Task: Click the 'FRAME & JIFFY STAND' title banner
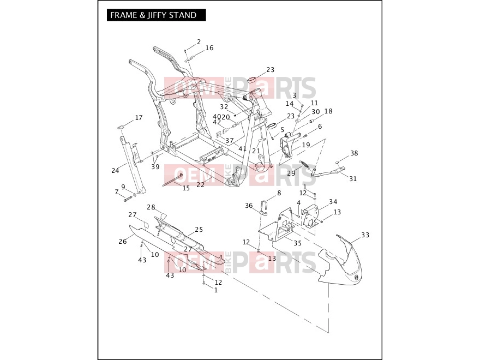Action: click(156, 15)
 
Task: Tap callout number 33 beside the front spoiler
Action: click(365, 235)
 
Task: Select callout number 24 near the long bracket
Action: click(115, 171)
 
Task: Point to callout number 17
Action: click(139, 118)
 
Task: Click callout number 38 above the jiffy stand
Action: click(354, 153)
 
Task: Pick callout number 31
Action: click(353, 178)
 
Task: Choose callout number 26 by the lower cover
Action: click(122, 242)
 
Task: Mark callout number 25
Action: click(199, 229)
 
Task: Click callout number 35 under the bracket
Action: click(298, 243)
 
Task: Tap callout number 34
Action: click(333, 201)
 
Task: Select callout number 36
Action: click(249, 206)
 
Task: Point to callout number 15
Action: click(186, 188)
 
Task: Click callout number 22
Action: click(201, 185)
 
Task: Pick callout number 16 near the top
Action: click(209, 48)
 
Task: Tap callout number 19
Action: click(306, 145)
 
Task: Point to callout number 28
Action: click(151, 207)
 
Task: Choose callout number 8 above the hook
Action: click(279, 193)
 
